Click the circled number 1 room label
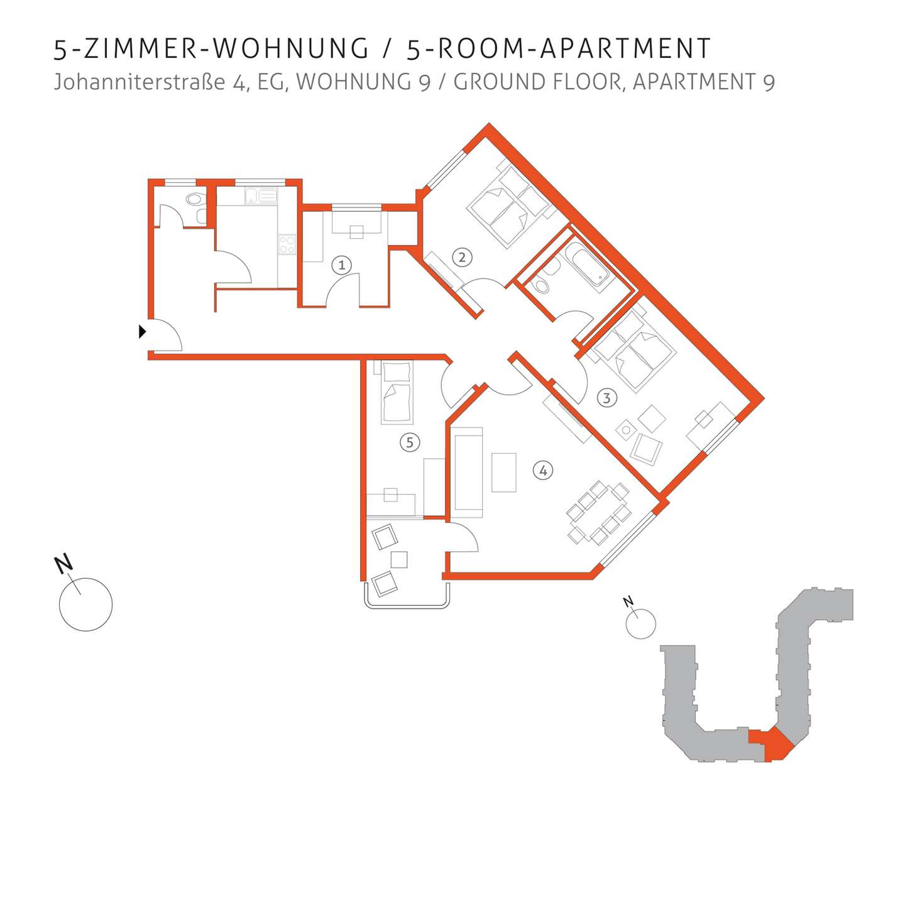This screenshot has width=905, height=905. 341,265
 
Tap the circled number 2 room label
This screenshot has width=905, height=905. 462,257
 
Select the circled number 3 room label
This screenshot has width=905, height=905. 606,398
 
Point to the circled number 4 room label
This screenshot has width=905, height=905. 543,470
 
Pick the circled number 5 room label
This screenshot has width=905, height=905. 410,442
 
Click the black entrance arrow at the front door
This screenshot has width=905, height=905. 142,332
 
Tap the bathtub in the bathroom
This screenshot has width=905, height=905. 587,266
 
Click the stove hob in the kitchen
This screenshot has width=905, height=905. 287,244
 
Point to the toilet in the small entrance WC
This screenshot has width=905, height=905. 195,199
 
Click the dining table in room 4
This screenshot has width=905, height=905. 598,512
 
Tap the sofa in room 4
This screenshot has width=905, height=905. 468,472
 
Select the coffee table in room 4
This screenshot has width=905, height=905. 504,472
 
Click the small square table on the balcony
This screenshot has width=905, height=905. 398,559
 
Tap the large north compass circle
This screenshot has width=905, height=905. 86,604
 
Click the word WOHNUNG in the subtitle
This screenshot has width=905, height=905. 363,82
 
